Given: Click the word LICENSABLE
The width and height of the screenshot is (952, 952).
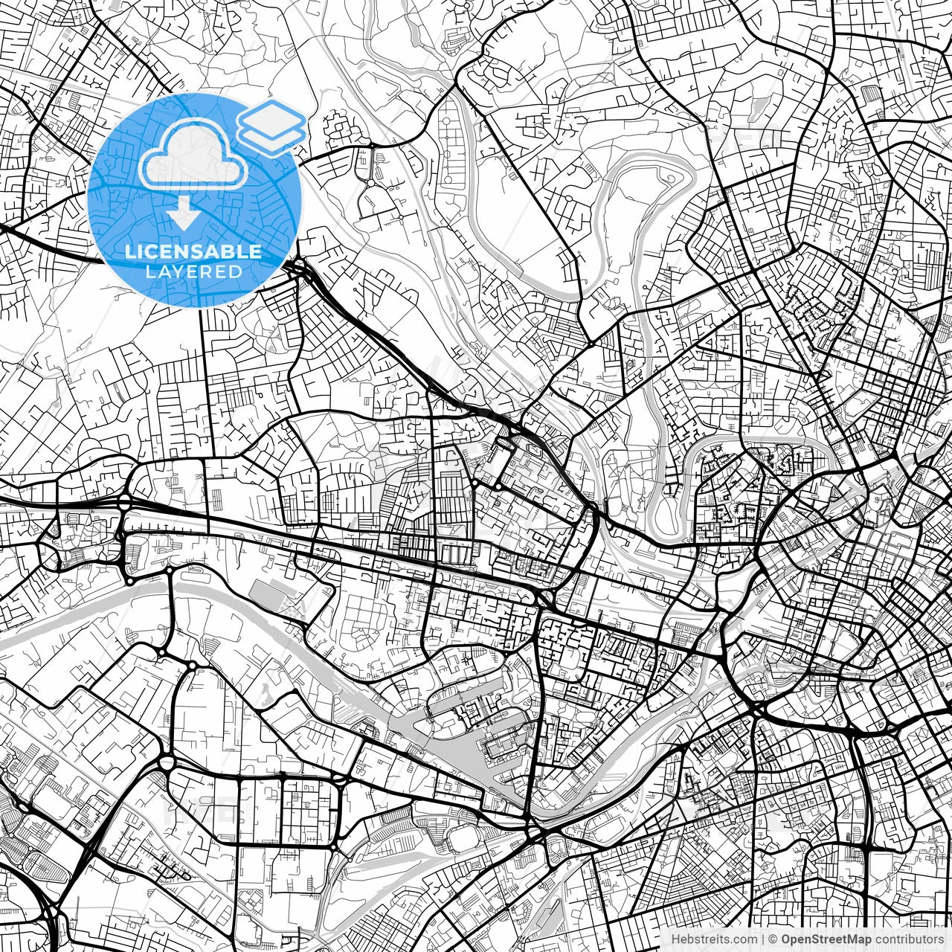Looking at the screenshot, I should pos(193,252).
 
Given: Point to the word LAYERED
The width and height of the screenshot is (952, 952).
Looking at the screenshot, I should pos(194,271).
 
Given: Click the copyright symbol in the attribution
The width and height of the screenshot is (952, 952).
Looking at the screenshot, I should pos(773,939).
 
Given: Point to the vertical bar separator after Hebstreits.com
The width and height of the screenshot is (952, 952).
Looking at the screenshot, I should pos(762,939).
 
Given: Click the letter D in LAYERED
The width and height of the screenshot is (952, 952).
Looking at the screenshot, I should pos(237,271).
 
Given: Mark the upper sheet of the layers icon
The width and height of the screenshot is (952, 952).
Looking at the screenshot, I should pos(271,115).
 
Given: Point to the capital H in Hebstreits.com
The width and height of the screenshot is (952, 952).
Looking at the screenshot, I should pos(675,939).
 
